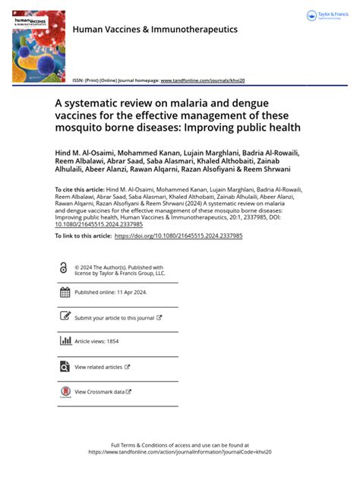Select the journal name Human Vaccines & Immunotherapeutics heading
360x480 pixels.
[x=155, y=30]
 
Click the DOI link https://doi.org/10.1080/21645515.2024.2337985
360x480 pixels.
[x=178, y=236]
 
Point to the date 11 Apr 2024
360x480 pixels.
[x=127, y=292]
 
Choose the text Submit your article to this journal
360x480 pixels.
[x=115, y=318]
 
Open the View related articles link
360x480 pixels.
[x=99, y=367]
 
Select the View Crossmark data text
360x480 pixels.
[x=99, y=392]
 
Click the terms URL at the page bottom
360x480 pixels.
[x=180, y=451]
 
